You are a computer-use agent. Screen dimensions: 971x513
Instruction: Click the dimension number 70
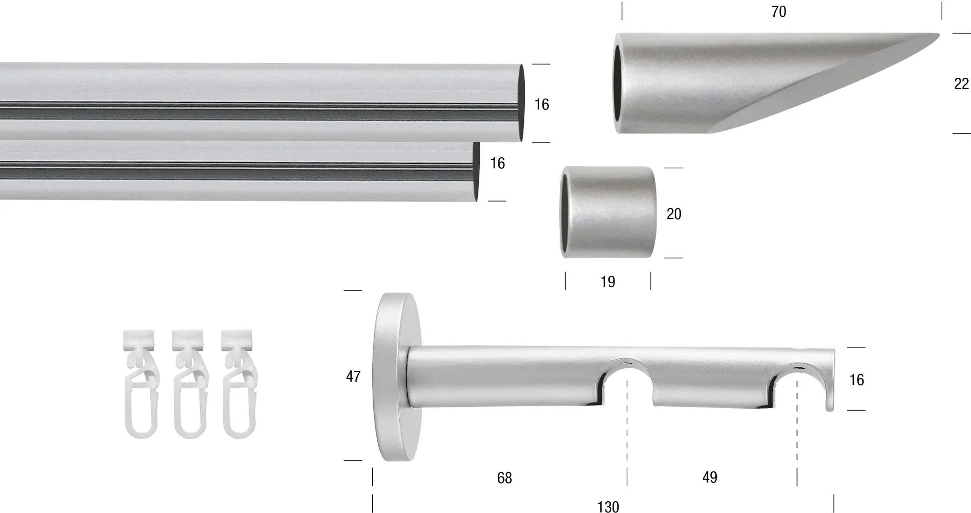779,12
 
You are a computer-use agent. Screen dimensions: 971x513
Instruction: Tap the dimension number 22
961,84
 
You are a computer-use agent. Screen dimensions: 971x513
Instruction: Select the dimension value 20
674,214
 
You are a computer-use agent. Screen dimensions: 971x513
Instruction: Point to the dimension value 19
608,282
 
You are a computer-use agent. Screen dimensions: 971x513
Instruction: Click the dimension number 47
353,376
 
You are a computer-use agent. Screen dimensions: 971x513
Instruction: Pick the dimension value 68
504,478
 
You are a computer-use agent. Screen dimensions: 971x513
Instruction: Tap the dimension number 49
710,477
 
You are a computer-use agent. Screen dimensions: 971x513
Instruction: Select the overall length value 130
608,507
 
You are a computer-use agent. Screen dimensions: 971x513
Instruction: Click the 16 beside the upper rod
541,104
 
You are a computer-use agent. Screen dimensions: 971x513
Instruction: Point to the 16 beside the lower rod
497,164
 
